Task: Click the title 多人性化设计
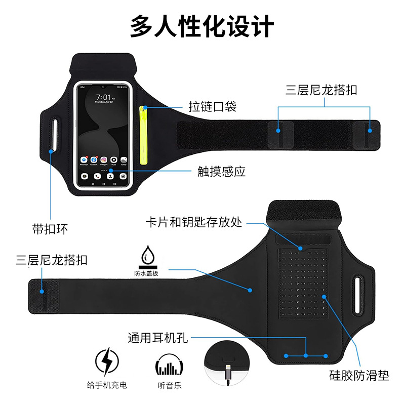[202, 26]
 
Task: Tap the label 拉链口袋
[213, 107]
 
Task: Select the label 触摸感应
[221, 171]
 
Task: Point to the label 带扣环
[50, 229]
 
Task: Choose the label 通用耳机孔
[157, 337]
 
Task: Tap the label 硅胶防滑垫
[359, 376]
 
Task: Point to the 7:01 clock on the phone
[104, 97]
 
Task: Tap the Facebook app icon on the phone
[94, 159]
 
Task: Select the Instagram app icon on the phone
[104, 159]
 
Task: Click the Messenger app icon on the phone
[84, 159]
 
